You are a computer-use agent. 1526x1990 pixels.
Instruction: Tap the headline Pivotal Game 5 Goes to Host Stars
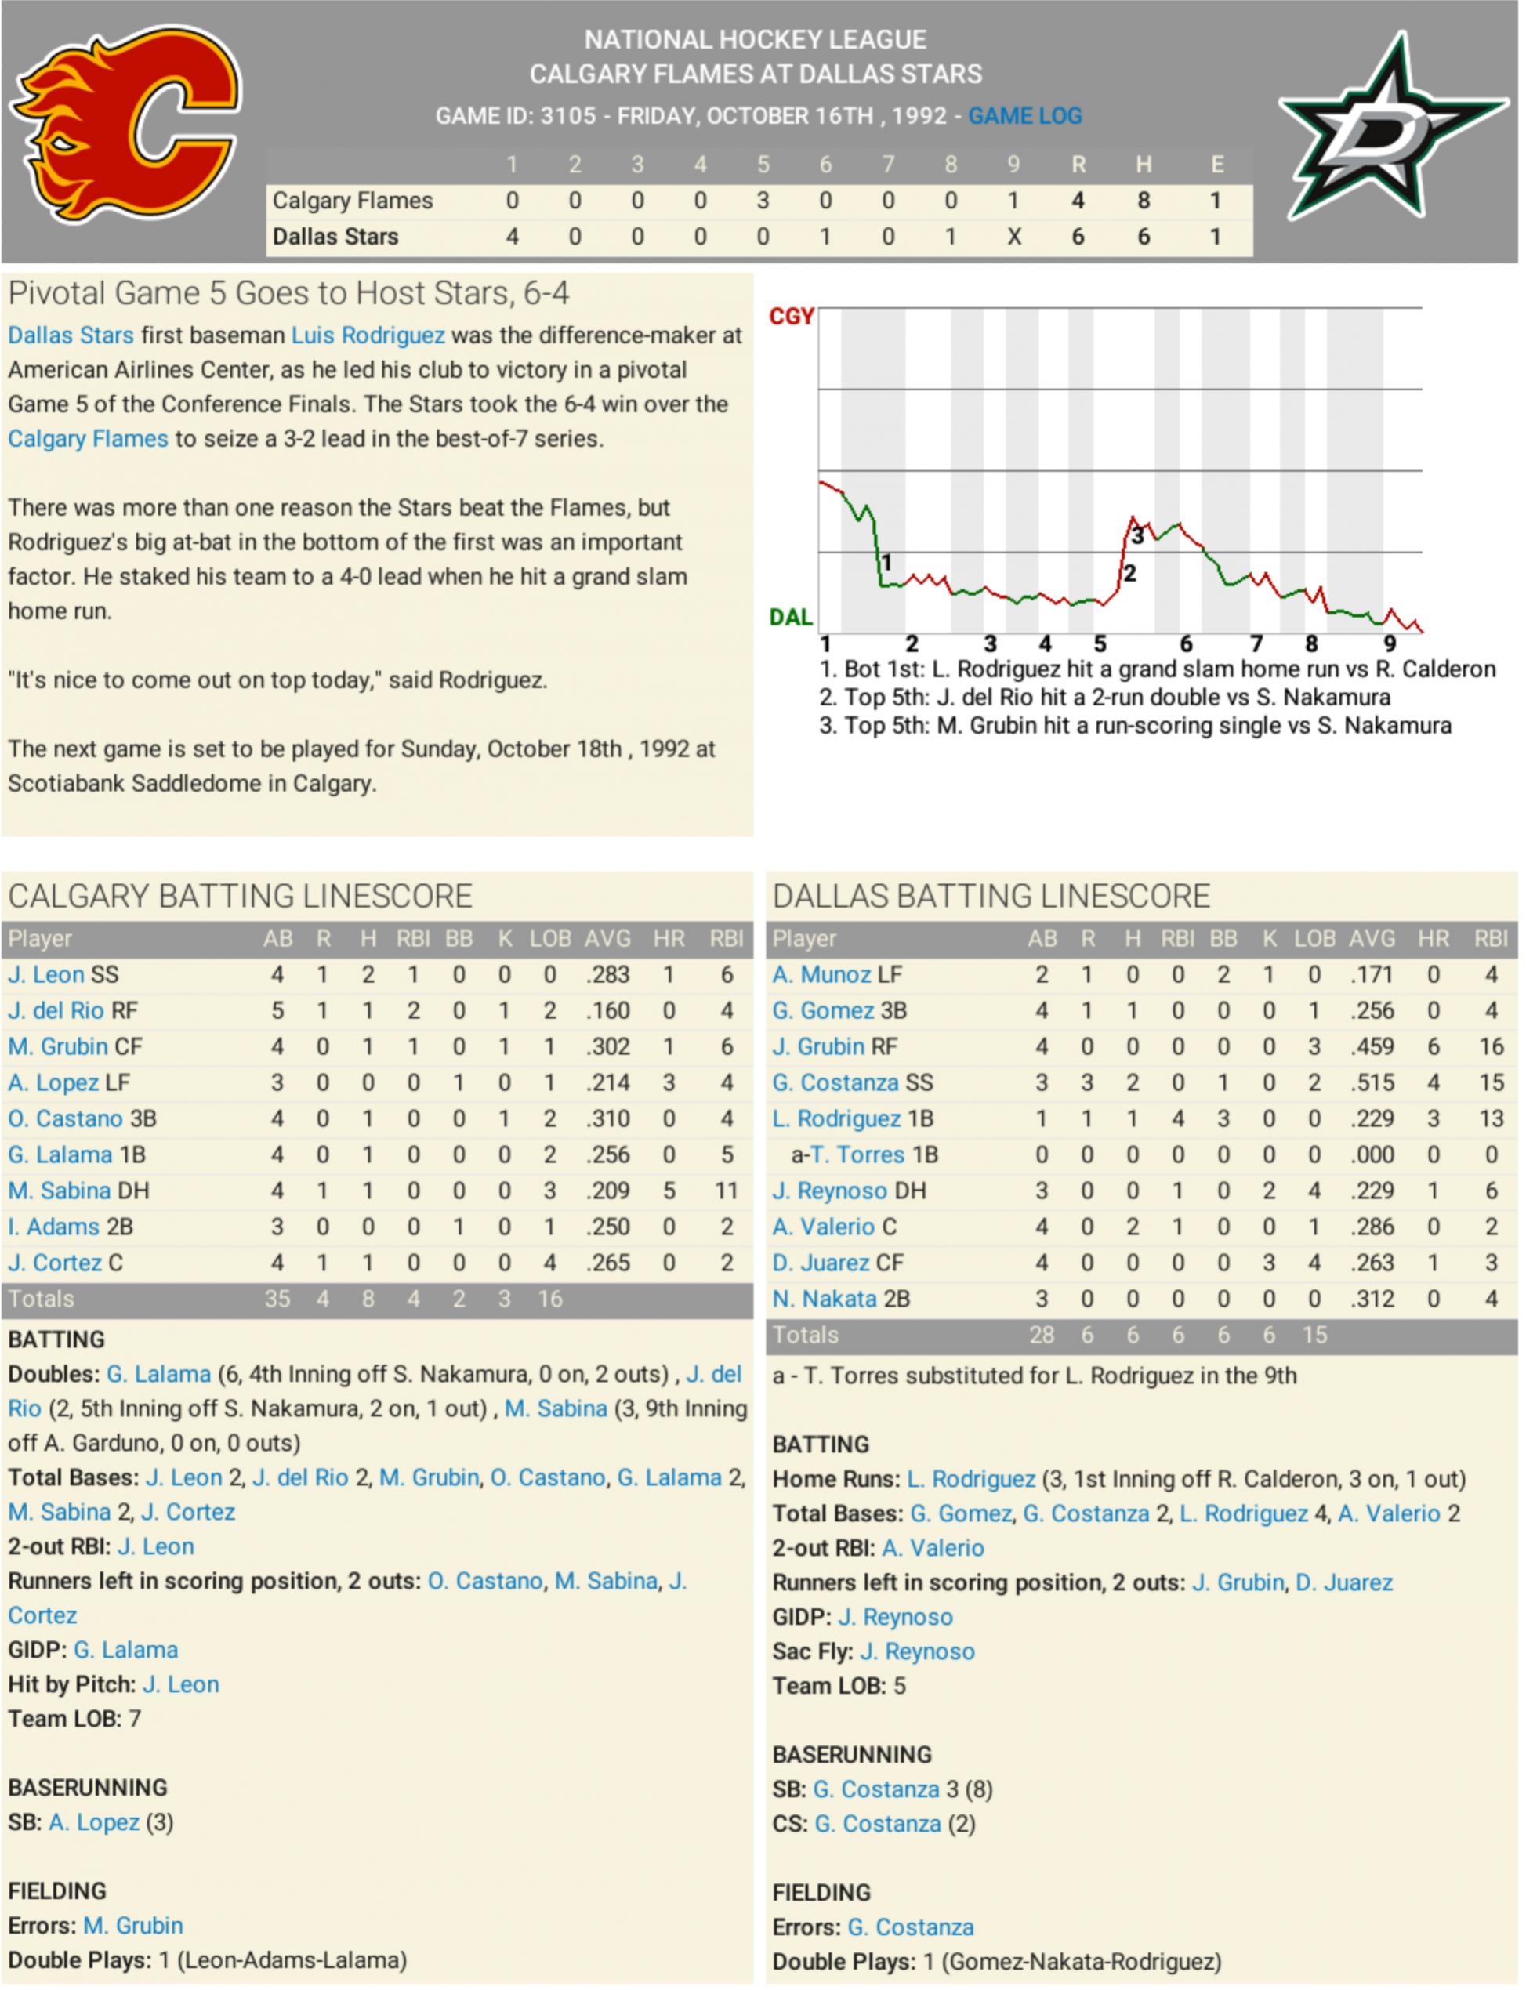click(289, 293)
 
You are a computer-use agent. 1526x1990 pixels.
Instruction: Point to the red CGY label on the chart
click(791, 316)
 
